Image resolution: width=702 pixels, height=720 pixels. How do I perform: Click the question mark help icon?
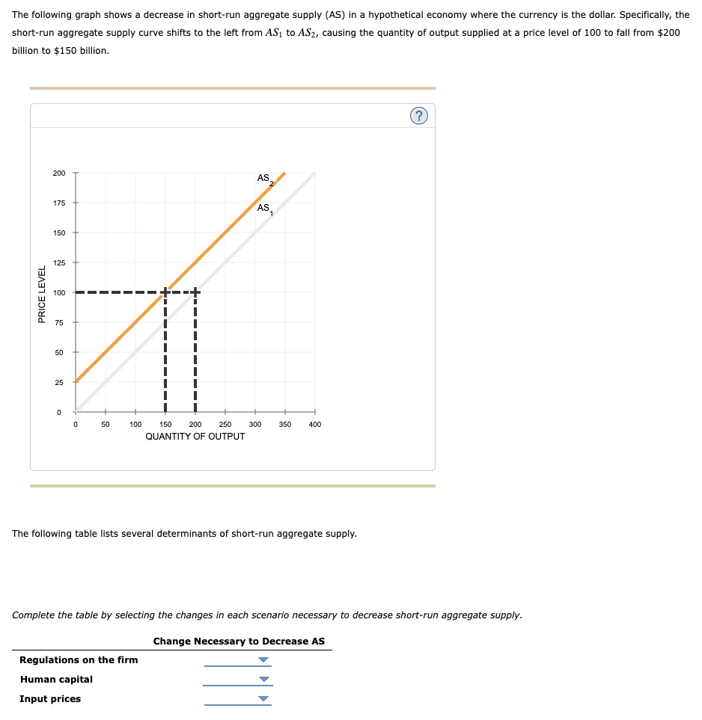click(x=418, y=115)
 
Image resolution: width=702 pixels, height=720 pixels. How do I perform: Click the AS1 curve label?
click(x=265, y=209)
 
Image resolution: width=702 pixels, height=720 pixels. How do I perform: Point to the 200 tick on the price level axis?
click(x=59, y=173)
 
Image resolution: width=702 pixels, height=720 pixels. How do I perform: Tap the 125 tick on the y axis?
click(x=59, y=263)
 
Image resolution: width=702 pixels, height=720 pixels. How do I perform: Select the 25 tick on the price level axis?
click(x=59, y=382)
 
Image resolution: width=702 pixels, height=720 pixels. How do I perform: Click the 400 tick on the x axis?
click(x=314, y=425)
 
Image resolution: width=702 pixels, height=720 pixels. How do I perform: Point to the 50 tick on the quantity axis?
click(x=106, y=425)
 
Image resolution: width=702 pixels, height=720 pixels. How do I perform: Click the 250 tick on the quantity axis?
click(x=225, y=425)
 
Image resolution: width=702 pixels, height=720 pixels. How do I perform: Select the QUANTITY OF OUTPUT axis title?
click(x=195, y=437)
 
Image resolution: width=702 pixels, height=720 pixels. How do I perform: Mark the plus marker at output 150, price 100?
click(x=165, y=292)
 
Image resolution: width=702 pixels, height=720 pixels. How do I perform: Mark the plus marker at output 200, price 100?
click(x=195, y=292)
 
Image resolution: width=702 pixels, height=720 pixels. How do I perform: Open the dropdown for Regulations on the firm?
click(x=263, y=660)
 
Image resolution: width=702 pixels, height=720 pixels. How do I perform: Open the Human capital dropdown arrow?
click(x=263, y=680)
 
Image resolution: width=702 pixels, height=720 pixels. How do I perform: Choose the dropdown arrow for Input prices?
click(x=263, y=699)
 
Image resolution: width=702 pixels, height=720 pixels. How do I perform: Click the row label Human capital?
click(x=57, y=680)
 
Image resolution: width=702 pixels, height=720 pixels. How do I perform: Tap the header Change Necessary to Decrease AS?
click(x=239, y=641)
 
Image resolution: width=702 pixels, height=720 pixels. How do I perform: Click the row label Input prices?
click(x=50, y=699)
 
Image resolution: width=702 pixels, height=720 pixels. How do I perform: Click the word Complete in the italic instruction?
click(x=33, y=615)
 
